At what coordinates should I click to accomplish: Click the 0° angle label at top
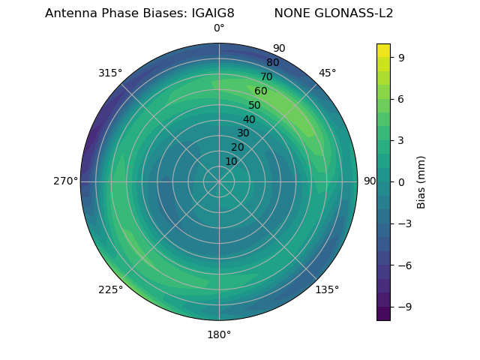click(x=219, y=28)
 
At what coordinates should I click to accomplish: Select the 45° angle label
click(x=327, y=73)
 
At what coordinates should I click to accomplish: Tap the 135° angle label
click(x=327, y=289)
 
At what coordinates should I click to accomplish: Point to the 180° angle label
click(x=219, y=334)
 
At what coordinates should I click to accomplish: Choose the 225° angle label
click(x=110, y=289)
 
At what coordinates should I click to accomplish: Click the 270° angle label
click(x=65, y=181)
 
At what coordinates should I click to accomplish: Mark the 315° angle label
click(x=110, y=73)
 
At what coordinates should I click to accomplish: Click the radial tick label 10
click(x=231, y=161)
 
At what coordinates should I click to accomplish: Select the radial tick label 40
click(x=249, y=119)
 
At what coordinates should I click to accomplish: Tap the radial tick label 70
click(x=266, y=76)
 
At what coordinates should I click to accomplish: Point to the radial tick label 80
click(x=272, y=63)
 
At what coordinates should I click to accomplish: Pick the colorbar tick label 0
click(x=402, y=181)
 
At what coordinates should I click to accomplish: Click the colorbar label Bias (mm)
click(x=421, y=181)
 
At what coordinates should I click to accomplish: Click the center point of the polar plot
click(x=219, y=181)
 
